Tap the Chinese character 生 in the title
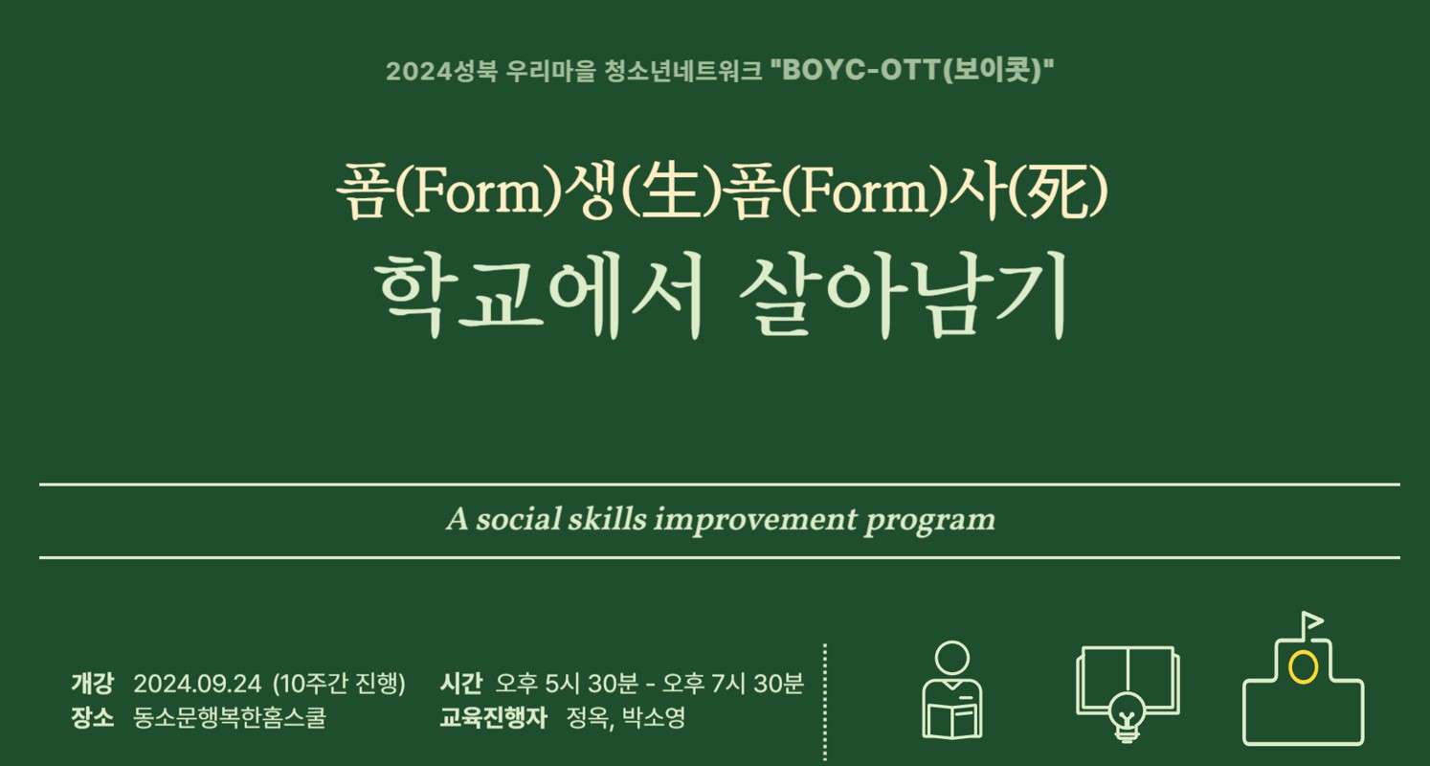coord(670,193)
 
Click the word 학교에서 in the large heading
coord(538,295)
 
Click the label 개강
coord(93,684)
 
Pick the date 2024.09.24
coord(197,685)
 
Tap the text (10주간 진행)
coord(339,684)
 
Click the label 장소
coord(93,717)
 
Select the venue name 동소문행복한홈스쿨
coord(229,717)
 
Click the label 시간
coord(461,684)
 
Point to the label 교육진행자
coord(494,717)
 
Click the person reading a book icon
coord(951,690)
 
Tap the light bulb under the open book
coord(1128,717)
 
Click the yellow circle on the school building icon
coord(1303,667)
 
